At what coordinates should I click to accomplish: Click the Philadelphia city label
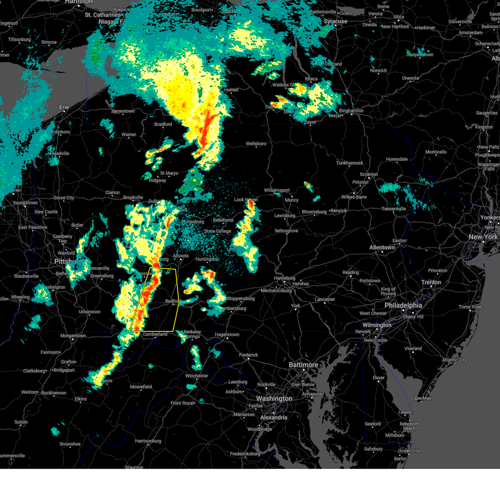[403, 305]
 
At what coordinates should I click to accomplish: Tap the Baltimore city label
[303, 365]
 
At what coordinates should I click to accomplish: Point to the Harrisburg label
[285, 278]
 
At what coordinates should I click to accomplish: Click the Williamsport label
[277, 190]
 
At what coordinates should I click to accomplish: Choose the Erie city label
[64, 107]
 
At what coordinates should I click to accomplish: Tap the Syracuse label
[335, 21]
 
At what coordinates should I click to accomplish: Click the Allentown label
[382, 247]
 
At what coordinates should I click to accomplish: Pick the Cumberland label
[155, 334]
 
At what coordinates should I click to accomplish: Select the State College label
[217, 231]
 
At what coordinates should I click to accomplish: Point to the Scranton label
[369, 175]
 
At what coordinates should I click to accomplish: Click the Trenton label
[431, 282]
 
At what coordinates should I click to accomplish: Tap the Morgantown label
[73, 336]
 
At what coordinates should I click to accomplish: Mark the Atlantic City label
[454, 360]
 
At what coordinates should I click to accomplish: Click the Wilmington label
[377, 325]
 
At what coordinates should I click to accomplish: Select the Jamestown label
[123, 111]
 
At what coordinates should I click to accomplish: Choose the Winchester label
[197, 376]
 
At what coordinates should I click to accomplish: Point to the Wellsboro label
[256, 144]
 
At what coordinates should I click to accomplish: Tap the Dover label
[378, 378]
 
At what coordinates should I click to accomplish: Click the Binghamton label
[351, 111]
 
